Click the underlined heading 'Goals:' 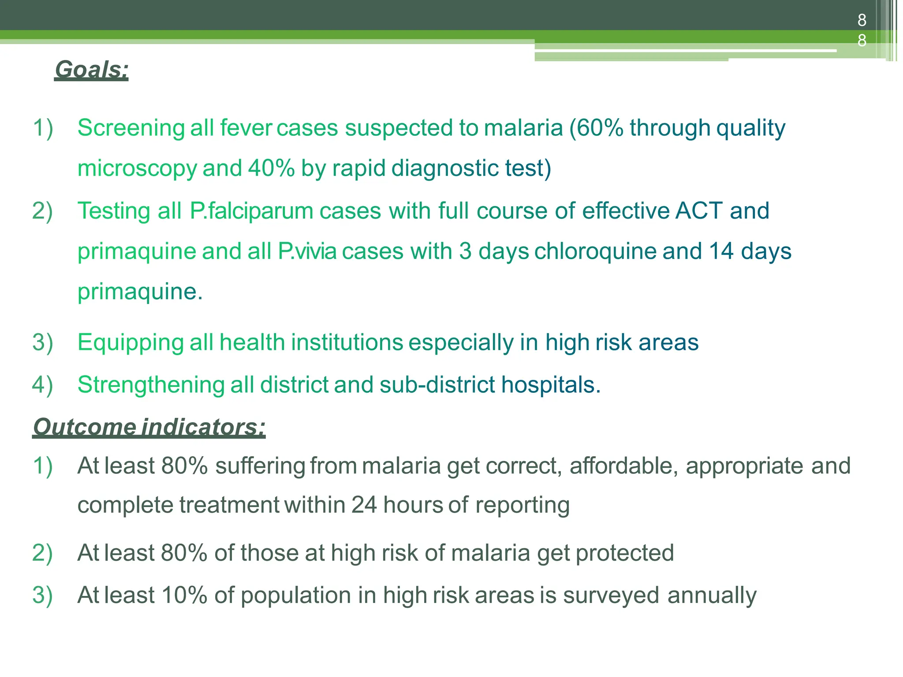91,70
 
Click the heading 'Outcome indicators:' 149,427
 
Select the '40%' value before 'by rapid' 271,168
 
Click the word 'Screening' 131,128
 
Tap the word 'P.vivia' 307,251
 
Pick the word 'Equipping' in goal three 131,343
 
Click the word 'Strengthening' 151,385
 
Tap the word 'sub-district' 437,385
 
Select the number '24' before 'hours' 364,505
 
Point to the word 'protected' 625,553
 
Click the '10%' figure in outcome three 184,595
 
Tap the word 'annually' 712,595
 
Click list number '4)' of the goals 42,385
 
